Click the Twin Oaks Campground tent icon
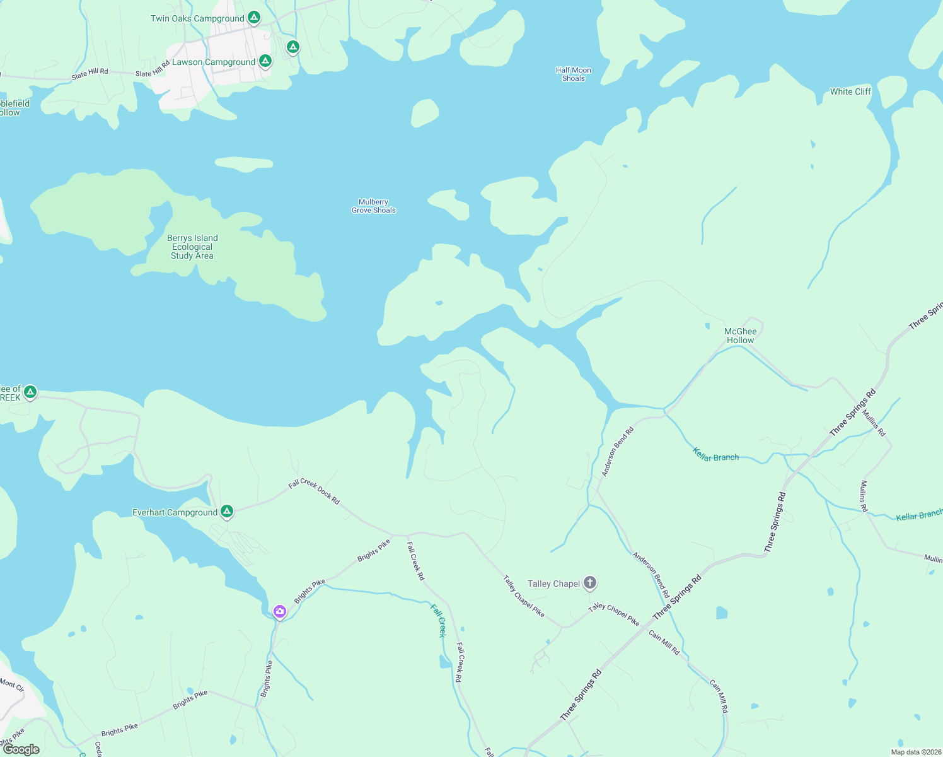tap(253, 17)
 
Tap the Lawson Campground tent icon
tap(265, 61)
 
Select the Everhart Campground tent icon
tap(227, 511)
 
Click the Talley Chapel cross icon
tap(590, 582)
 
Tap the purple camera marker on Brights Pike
tap(279, 611)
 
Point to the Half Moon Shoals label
tap(574, 74)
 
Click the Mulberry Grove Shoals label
tap(374, 206)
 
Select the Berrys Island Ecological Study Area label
tap(192, 247)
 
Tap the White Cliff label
tap(850, 91)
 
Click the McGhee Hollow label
tap(740, 336)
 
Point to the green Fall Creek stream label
tap(438, 620)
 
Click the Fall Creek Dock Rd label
tap(314, 491)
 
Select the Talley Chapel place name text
tap(553, 584)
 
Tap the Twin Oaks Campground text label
tap(197, 18)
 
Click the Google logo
tap(21, 749)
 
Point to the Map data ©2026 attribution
tap(914, 752)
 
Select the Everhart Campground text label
tap(175, 512)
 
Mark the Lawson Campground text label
tap(214, 62)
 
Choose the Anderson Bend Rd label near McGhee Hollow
tap(617, 452)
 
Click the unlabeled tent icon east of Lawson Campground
tap(292, 47)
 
